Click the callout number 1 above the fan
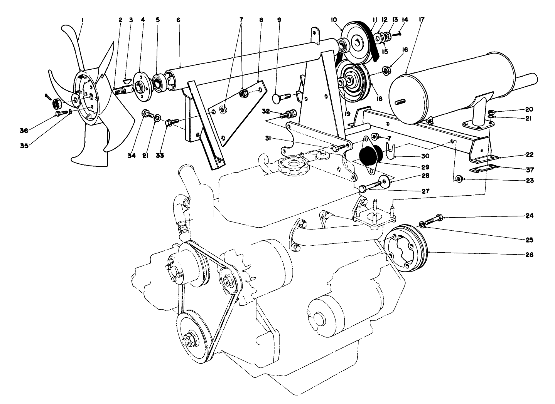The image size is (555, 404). point(82,19)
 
